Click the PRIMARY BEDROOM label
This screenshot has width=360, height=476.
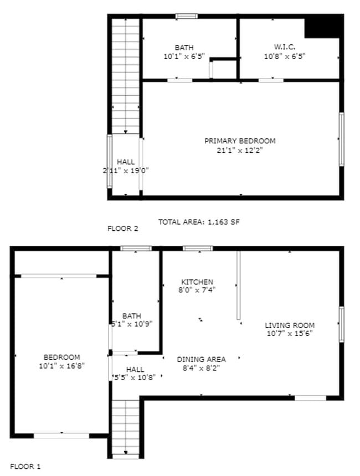tap(239, 141)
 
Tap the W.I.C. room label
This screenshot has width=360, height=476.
tap(285, 48)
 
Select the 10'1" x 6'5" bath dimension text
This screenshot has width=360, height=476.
tap(184, 56)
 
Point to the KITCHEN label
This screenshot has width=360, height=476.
tap(197, 282)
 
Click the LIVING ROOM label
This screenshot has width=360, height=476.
tap(289, 325)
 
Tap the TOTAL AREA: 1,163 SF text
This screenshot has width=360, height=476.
tap(199, 222)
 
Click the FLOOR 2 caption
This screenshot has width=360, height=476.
tap(122, 228)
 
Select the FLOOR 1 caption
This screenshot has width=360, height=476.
tap(25, 467)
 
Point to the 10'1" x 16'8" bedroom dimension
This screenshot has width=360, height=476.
tap(61, 366)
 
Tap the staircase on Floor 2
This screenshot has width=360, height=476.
tap(126, 75)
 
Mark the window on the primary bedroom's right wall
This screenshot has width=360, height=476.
tap(341, 139)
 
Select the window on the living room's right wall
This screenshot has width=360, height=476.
tap(341, 324)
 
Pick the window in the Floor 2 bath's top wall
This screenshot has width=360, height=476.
tap(187, 16)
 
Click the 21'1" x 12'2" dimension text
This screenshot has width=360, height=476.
tap(239, 150)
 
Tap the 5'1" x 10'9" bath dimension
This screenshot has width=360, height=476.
tap(132, 325)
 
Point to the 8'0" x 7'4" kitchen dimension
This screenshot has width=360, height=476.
tap(197, 289)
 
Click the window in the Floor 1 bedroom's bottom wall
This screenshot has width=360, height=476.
tap(61, 436)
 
